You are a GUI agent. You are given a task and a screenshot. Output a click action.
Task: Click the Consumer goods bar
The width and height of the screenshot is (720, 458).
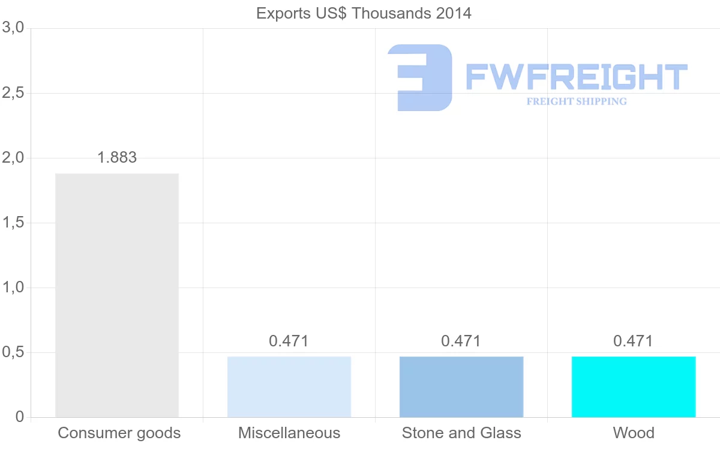[x=117, y=295]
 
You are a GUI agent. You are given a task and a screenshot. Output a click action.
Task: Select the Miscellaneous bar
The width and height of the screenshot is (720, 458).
[x=289, y=387]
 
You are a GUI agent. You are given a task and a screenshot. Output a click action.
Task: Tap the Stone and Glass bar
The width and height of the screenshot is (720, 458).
[x=461, y=387]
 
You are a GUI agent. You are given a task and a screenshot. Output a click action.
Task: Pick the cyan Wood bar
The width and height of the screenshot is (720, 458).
[x=634, y=387]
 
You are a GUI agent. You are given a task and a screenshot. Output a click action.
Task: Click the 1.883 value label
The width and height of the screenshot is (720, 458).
[x=117, y=157]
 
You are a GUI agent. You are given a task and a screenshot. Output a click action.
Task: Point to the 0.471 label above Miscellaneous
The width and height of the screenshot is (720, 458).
[x=289, y=341]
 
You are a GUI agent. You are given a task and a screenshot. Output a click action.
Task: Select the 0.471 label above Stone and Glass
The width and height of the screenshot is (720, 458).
[x=461, y=341]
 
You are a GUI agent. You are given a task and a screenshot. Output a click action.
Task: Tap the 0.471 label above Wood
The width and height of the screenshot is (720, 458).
[x=633, y=341]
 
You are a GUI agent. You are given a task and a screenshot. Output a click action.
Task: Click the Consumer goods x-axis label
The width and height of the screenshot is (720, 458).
[x=119, y=433]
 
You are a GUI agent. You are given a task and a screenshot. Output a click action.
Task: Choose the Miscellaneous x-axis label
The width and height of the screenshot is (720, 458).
[x=289, y=433]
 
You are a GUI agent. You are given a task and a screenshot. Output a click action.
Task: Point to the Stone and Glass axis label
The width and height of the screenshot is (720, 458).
[x=461, y=433]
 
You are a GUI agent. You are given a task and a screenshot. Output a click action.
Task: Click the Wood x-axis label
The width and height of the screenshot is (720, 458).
[x=634, y=433]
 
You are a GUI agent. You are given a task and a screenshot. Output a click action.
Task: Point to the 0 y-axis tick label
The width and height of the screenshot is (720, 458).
[x=19, y=417]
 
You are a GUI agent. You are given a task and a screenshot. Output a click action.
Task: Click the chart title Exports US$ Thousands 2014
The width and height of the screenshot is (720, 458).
[x=364, y=13]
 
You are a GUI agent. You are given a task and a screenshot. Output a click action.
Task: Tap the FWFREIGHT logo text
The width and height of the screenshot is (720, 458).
[x=576, y=77]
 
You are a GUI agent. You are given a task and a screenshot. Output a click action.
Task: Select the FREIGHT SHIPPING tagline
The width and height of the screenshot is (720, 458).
[x=577, y=101]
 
